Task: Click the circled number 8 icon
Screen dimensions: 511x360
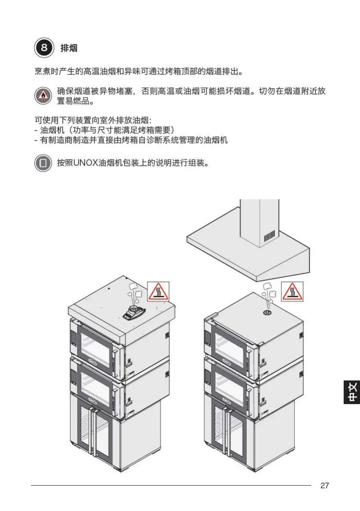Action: (x=44, y=48)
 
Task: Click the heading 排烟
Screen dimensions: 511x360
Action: (x=69, y=48)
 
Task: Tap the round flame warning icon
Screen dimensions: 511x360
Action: (x=43, y=95)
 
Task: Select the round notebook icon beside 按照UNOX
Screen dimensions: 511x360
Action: (x=43, y=163)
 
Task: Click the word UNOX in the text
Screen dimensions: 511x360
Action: (x=85, y=163)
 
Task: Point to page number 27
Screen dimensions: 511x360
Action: (x=325, y=485)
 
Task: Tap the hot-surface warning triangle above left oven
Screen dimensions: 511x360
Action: (x=158, y=292)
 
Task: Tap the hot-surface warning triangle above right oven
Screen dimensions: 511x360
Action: (x=292, y=292)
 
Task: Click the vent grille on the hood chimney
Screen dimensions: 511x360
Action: (x=269, y=236)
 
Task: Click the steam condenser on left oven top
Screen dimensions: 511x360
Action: (x=134, y=313)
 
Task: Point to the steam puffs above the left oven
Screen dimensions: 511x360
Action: (x=134, y=293)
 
